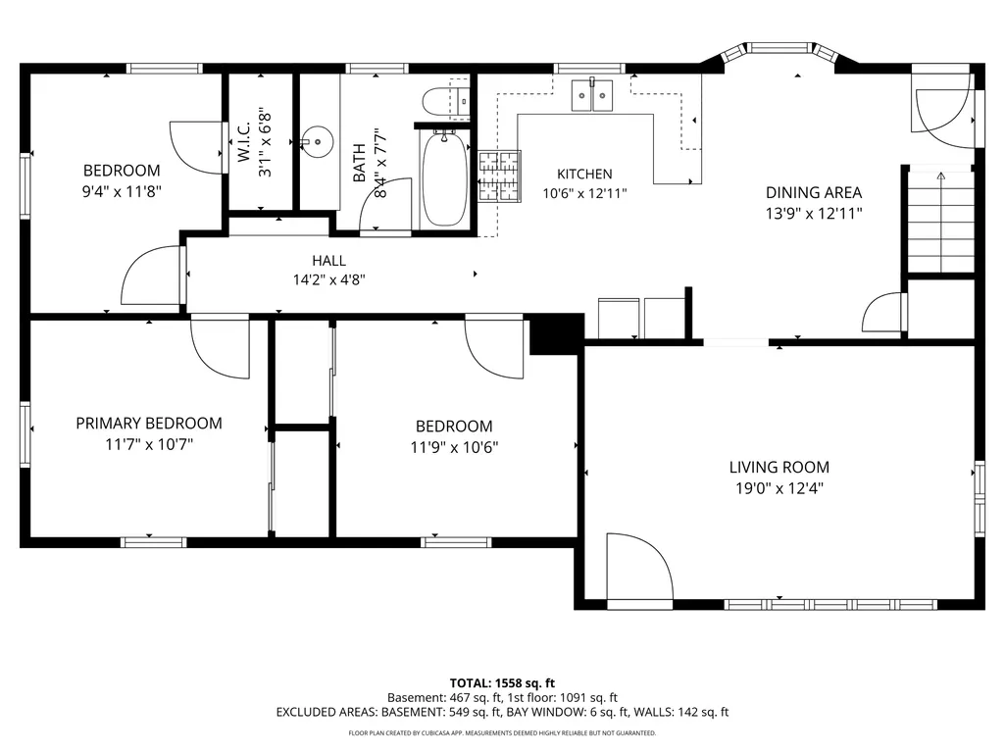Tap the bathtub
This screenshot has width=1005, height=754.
(445, 178)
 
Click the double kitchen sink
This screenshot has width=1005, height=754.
(591, 95)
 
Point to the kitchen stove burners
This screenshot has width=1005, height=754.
(499, 176)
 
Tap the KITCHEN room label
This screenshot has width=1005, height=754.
(584, 174)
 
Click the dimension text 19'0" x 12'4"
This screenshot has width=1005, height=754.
(779, 488)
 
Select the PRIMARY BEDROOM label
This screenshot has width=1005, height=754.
(149, 424)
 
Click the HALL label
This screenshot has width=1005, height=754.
(328, 260)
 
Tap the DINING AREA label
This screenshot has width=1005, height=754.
(814, 192)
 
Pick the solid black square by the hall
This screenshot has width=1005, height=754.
(556, 334)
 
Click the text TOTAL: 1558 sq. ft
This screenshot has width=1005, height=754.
(502, 682)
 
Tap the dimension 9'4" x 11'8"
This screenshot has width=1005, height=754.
(122, 191)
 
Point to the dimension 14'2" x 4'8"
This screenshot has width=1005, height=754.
(328, 279)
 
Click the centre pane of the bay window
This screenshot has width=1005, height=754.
(779, 47)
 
